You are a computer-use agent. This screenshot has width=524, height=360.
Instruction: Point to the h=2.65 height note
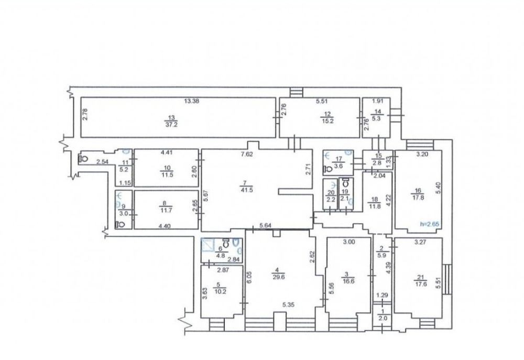point(430,224)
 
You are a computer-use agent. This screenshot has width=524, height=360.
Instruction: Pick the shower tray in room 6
point(209,245)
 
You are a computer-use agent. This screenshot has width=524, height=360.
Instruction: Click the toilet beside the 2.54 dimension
point(83,158)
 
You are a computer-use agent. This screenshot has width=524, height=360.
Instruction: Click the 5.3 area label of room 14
point(378,118)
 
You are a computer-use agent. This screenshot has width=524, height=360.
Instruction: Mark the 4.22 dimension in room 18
point(388,200)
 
